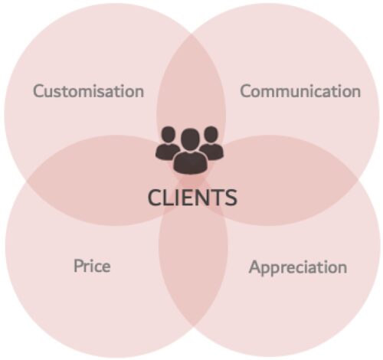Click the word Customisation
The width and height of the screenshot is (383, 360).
coord(89,91)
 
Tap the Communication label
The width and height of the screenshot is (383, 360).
coord(300,91)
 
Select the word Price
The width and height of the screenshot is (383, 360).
coord(92,266)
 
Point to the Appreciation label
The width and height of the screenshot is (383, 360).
coord(298,268)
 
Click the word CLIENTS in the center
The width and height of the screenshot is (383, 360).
coord(192,198)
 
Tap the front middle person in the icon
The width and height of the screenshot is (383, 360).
coord(190,151)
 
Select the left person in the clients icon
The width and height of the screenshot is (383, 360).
coord(168,143)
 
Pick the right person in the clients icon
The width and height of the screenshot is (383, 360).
coord(211,142)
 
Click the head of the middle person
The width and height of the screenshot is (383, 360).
coord(190,139)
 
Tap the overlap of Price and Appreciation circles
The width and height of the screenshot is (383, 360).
coord(193,255)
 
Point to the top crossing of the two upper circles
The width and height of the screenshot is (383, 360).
coord(191,34)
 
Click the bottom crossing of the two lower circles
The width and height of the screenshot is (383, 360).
coord(193,327)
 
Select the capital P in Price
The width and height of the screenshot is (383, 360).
coord(78,266)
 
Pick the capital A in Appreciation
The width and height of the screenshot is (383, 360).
coord(255,267)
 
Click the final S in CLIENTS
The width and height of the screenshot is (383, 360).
coord(231,198)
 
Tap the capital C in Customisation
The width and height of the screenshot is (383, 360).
coord(39,91)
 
